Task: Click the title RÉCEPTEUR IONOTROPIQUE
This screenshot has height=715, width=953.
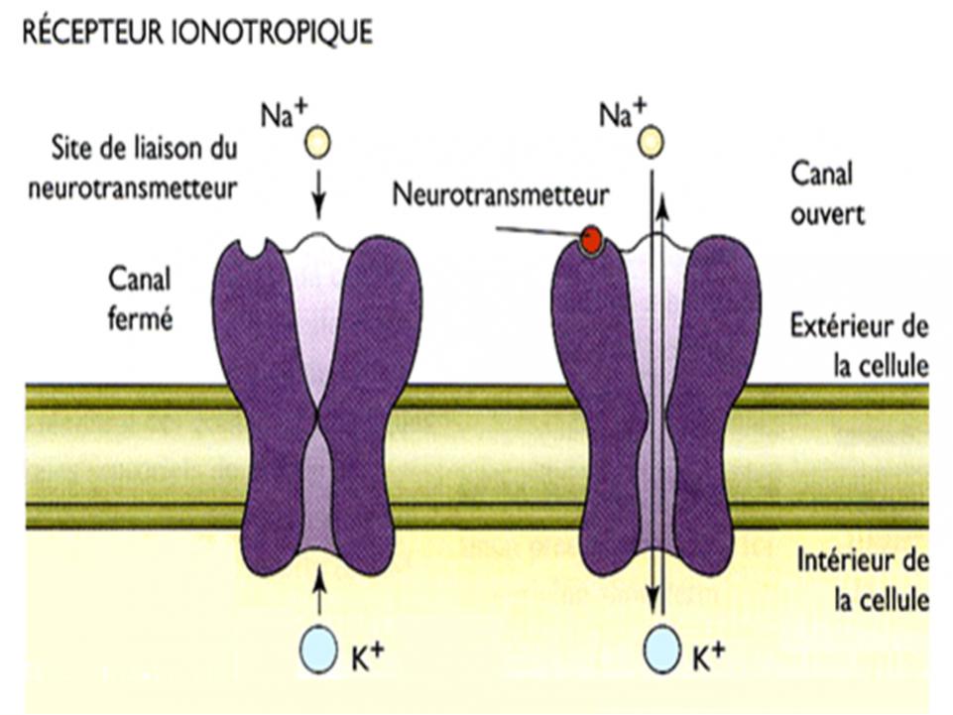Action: pyautogui.click(x=197, y=33)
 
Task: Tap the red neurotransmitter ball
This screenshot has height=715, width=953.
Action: pyautogui.click(x=592, y=239)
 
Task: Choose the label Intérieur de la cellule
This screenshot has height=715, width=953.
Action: pyautogui.click(x=861, y=582)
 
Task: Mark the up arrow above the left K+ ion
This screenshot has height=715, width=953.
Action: pyautogui.click(x=317, y=594)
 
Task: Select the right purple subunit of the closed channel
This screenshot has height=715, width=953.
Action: pyautogui.click(x=376, y=397)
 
